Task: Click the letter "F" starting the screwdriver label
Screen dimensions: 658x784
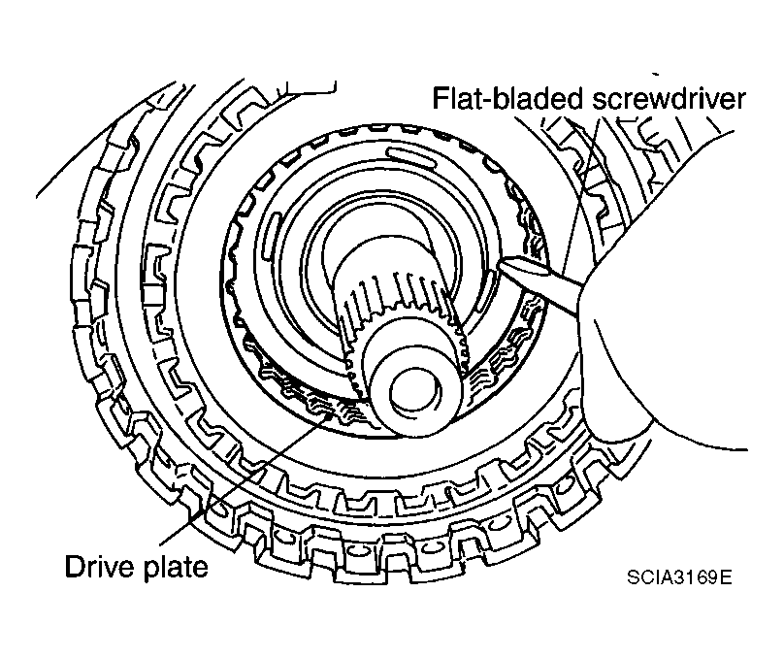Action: pyautogui.click(x=440, y=98)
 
